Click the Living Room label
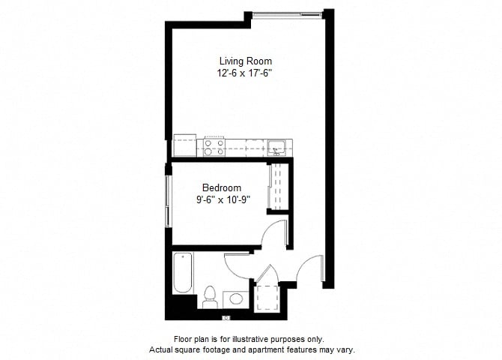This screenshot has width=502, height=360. [x=246, y=61]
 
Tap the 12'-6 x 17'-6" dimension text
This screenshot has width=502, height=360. [x=244, y=73]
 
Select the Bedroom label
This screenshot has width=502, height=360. [x=222, y=187]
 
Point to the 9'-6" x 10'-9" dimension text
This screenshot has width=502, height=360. [x=223, y=200]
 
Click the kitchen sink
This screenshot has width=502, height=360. [x=276, y=148]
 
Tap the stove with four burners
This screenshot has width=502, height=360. [x=214, y=148]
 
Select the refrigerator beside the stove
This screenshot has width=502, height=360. [x=185, y=145]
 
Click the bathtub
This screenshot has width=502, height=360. [x=183, y=273]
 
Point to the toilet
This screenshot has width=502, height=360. [x=210, y=297]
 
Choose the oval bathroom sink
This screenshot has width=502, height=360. [x=236, y=298]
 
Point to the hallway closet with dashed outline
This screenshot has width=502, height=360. [x=267, y=298]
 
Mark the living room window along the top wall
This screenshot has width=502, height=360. [x=287, y=14]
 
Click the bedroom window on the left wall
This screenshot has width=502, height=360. [x=167, y=201]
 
